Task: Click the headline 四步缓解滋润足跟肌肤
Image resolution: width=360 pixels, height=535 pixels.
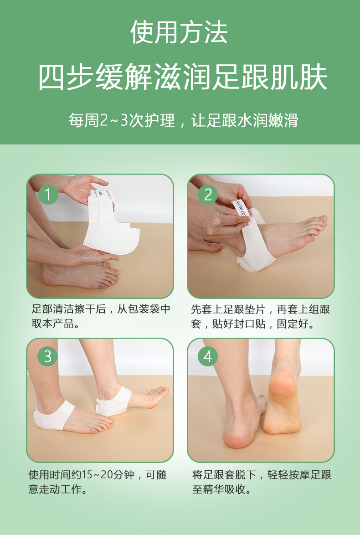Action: pyautogui.click(x=182, y=77)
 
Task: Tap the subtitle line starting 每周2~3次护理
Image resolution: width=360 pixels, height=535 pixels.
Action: pyautogui.click(x=183, y=120)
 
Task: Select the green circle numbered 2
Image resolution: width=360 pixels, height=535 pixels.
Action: pyautogui.click(x=208, y=195)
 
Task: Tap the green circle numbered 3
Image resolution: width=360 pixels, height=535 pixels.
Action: pyautogui.click(x=48, y=356)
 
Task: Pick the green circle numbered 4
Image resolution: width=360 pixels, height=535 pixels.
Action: pyautogui.click(x=208, y=356)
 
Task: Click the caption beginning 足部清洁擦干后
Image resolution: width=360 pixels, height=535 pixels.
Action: pyautogui.click(x=101, y=309)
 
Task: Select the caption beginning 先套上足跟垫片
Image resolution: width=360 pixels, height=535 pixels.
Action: pyautogui.click(x=260, y=309)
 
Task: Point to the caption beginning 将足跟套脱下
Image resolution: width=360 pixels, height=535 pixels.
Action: pyautogui.click(x=262, y=475)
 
